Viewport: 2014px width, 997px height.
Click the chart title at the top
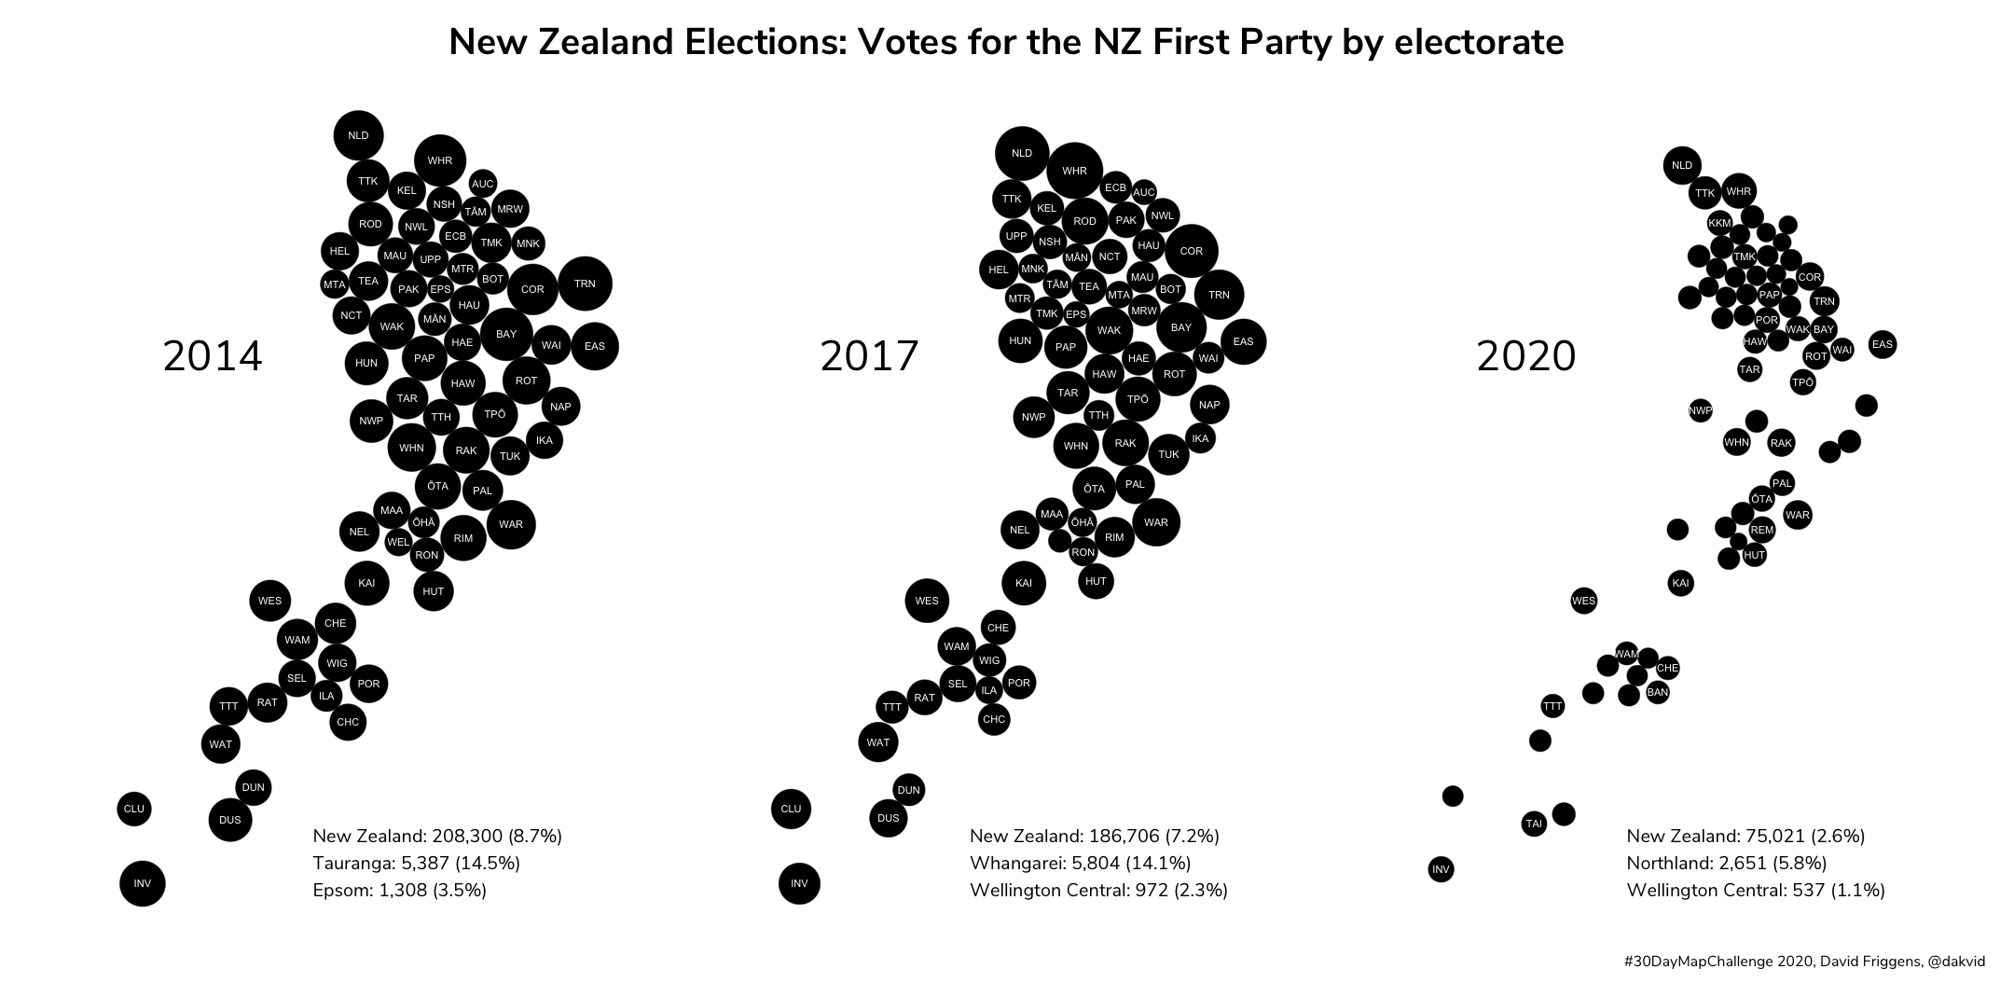click(x=1006, y=43)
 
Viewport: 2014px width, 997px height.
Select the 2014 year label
click(x=213, y=356)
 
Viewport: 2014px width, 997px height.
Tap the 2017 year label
click(x=869, y=356)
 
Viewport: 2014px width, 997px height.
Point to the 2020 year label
click(x=1526, y=356)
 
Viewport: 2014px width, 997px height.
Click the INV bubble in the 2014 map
click(x=142, y=883)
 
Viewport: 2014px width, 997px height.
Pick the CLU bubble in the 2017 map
click(x=791, y=809)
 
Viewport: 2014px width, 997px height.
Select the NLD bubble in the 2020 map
click(x=1681, y=166)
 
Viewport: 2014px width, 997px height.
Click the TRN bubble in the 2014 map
click(x=585, y=284)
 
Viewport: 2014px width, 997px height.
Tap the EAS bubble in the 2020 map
click(x=1883, y=344)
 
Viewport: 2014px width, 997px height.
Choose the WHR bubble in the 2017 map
click(x=1074, y=171)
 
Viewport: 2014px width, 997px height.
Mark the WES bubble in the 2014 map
click(x=269, y=601)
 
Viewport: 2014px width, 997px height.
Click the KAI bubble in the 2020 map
click(x=1680, y=584)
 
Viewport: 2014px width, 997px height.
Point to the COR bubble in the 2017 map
click(x=1191, y=251)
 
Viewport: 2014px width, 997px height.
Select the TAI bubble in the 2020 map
click(x=1534, y=824)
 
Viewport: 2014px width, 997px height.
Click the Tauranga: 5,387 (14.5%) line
click(x=416, y=863)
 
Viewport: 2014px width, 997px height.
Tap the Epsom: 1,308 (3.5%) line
click(x=399, y=890)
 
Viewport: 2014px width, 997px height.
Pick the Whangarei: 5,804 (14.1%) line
click(x=1080, y=863)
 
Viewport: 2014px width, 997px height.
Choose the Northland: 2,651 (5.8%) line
click(x=1726, y=863)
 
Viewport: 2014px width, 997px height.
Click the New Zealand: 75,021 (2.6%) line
click(x=1745, y=836)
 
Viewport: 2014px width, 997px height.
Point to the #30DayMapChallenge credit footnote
click(x=1803, y=962)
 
